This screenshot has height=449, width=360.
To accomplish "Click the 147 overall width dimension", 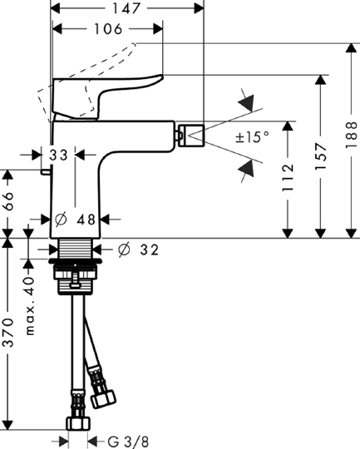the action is pos(126,8).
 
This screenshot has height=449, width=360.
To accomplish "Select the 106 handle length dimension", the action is pos(108,29).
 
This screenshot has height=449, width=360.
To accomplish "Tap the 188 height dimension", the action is pos(351,135).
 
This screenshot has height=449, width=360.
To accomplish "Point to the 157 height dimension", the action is pos(320,156).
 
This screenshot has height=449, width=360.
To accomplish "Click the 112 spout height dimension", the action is pos(288,178).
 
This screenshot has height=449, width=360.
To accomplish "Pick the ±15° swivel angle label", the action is pos(252,137).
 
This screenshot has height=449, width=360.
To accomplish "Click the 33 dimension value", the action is pos(58,155).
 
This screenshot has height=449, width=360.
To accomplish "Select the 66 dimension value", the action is pos(8,201).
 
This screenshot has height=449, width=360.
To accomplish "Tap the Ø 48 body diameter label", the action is pos(75,220).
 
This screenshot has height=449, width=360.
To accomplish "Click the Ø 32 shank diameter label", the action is pos(138,249).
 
